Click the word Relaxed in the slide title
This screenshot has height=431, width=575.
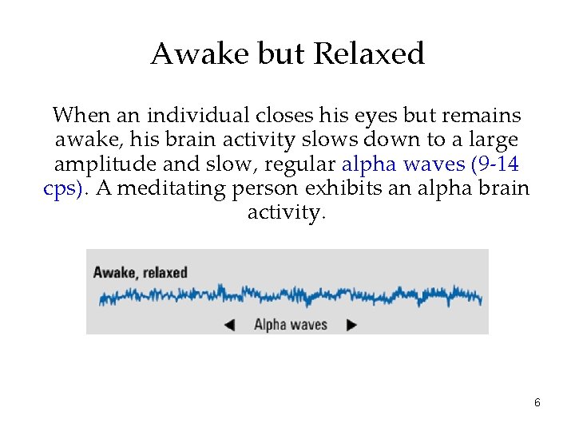coord(369,54)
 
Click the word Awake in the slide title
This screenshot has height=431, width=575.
coord(185,54)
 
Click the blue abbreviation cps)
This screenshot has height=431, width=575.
coord(66,188)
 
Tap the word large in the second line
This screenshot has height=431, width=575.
coord(495,140)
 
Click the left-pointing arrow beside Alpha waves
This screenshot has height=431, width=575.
coord(229,325)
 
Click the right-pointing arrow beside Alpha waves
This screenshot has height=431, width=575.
coord(351,325)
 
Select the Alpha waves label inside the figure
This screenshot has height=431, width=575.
coord(291,325)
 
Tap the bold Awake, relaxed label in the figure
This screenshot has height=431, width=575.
coord(140,272)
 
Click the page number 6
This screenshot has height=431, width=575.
coord(537,403)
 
